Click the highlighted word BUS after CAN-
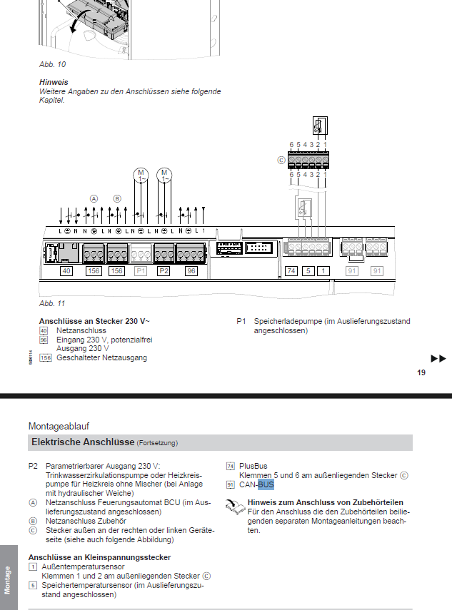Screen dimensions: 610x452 click(x=266, y=484)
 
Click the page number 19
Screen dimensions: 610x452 click(x=421, y=372)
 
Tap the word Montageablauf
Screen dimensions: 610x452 click(x=59, y=426)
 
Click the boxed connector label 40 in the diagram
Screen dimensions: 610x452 click(x=46, y=271)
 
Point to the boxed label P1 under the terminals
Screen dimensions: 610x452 click(x=140, y=271)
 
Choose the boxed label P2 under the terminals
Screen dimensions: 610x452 click(x=164, y=271)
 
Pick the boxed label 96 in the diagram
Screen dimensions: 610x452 click(x=191, y=271)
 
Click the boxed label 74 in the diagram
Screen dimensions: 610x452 click(x=291, y=271)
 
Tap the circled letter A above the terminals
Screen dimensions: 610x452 click(x=94, y=198)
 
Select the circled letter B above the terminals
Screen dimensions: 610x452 click(x=117, y=198)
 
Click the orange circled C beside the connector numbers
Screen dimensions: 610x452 click(x=281, y=161)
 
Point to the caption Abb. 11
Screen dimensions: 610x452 click(x=51, y=303)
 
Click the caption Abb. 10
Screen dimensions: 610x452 click(x=51, y=64)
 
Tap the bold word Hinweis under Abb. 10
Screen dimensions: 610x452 click(x=54, y=82)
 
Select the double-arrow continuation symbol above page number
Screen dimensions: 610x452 click(x=438, y=358)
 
